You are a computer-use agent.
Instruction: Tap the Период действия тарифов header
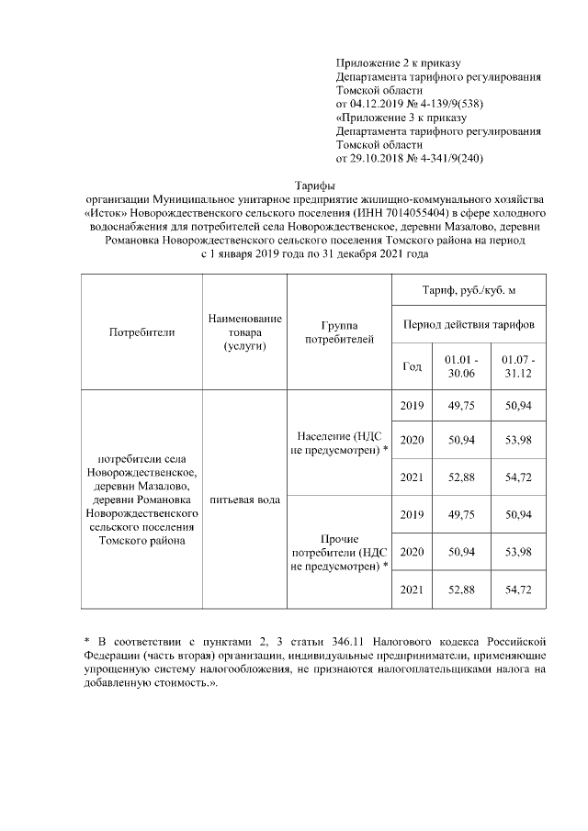[469, 325]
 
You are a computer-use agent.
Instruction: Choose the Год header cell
[413, 366]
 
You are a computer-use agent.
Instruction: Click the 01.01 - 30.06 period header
[459, 366]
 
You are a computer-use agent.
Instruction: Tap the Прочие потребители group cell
[340, 552]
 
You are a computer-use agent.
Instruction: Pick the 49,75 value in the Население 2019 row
[459, 406]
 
